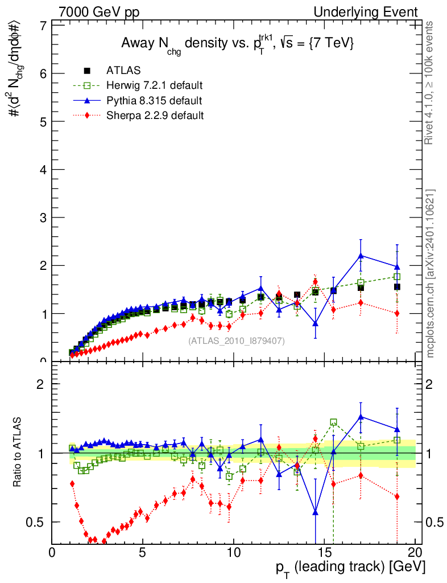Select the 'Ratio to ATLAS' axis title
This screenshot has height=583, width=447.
(x=18, y=453)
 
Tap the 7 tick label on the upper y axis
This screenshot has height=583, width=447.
(x=43, y=26)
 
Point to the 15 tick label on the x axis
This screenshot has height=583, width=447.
(x=323, y=552)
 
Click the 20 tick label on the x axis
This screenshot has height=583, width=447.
(x=415, y=552)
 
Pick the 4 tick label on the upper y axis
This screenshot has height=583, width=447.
(x=43, y=170)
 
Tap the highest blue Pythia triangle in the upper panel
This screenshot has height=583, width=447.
(x=361, y=256)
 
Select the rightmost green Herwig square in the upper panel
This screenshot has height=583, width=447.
(x=397, y=277)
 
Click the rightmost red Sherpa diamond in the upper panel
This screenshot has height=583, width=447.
(x=397, y=313)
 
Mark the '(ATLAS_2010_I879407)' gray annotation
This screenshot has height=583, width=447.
(x=237, y=340)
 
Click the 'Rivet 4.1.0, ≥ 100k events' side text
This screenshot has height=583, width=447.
(x=430, y=83)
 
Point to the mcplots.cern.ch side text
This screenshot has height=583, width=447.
(x=431, y=273)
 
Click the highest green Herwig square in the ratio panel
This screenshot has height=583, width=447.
(x=333, y=422)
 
